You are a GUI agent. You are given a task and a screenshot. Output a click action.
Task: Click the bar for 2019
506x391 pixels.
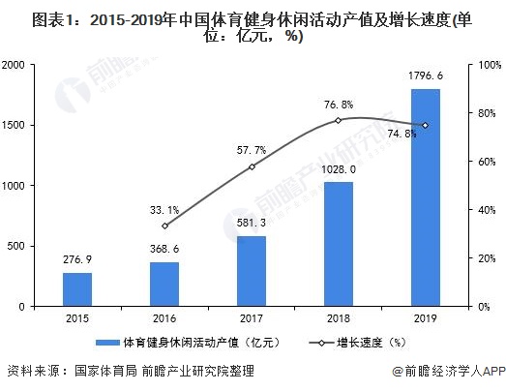click(425, 197)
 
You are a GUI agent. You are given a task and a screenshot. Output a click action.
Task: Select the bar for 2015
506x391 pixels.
click(78, 288)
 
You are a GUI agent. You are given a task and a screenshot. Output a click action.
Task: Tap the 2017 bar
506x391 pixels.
click(252, 271)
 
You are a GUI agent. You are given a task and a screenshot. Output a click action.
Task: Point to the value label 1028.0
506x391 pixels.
click(339, 169)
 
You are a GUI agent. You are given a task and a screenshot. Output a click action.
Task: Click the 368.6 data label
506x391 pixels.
click(164, 249)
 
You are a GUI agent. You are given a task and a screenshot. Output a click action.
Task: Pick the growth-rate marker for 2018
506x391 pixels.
click(339, 120)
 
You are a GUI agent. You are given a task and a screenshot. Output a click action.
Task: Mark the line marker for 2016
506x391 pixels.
click(165, 226)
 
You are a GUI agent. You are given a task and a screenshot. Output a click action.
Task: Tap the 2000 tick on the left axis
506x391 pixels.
click(40, 65)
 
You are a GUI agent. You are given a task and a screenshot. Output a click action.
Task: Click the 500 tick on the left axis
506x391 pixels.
click(44, 246)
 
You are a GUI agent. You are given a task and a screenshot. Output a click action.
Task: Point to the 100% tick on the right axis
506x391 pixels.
click(480, 65)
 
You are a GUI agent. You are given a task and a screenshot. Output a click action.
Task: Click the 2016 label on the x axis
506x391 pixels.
click(165, 318)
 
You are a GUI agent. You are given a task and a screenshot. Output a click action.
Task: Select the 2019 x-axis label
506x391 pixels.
click(425, 318)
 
